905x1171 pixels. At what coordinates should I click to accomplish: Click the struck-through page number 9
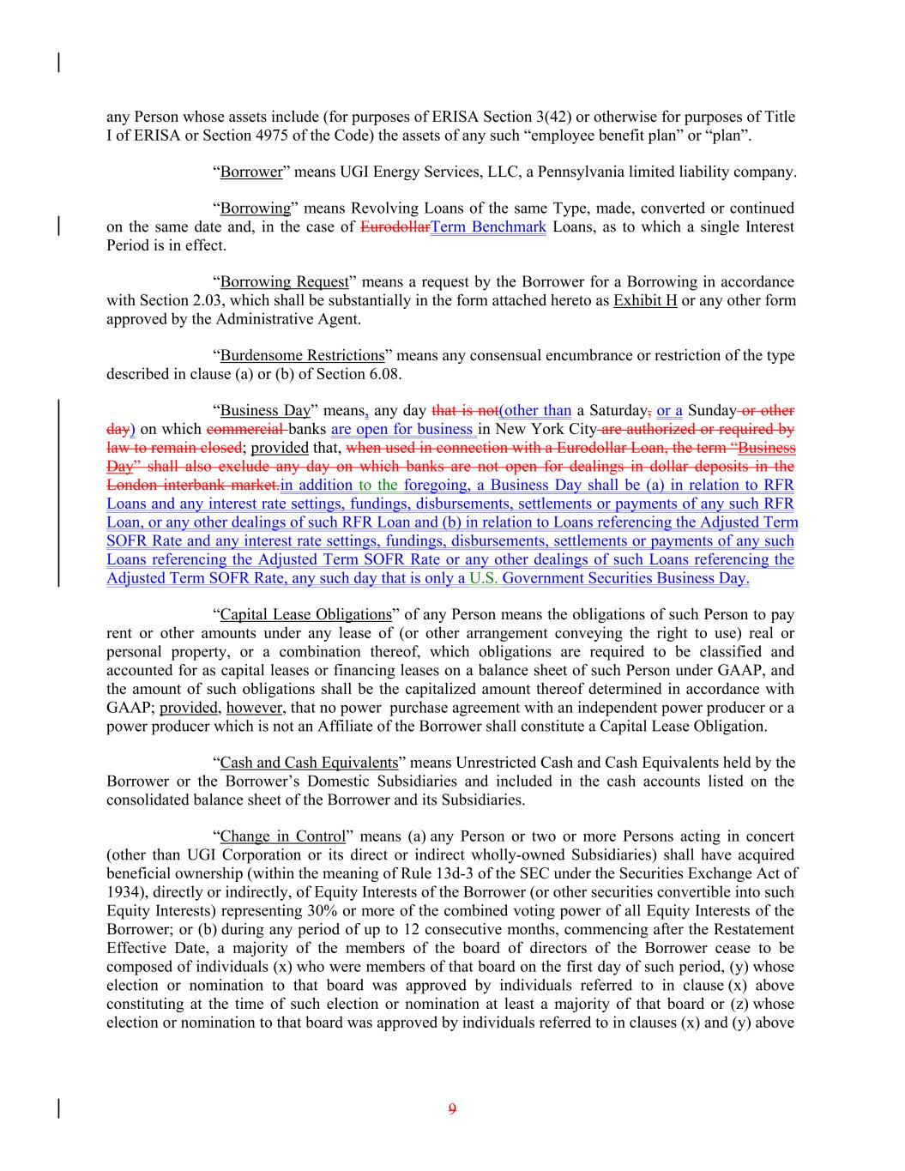click(x=452, y=1108)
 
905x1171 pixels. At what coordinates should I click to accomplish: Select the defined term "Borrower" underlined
click(x=251, y=172)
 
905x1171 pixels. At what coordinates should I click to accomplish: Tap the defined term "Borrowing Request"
click(x=285, y=282)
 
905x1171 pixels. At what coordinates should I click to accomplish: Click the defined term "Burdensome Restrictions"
click(x=302, y=356)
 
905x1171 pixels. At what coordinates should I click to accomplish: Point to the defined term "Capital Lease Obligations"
click(x=305, y=615)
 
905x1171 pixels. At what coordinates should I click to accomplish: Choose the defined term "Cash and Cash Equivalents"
click(x=309, y=763)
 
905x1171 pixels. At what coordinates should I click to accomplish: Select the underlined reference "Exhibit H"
click(x=645, y=301)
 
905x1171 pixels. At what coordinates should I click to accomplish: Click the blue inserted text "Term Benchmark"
click(x=488, y=227)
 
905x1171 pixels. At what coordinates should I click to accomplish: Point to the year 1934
click(x=122, y=892)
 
